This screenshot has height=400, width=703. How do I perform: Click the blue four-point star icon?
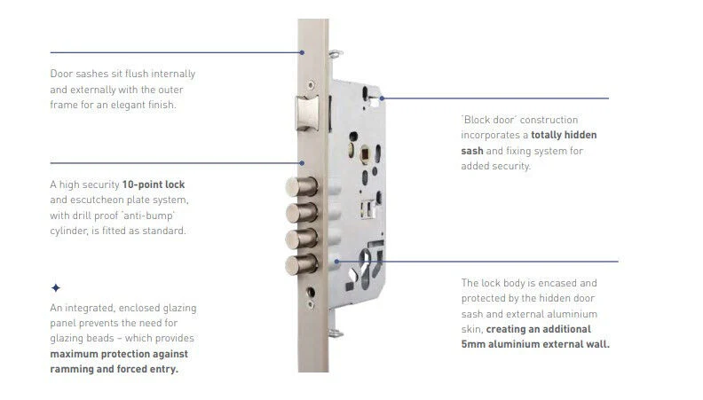56,287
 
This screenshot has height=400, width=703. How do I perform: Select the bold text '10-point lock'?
154,184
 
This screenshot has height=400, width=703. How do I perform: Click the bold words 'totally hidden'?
565,135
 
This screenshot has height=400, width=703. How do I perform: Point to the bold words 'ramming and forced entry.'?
114,369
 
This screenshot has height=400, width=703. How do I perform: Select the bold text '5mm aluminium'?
499,344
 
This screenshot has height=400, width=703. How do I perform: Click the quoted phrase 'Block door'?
494,120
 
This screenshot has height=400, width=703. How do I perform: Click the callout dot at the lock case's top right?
382,98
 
